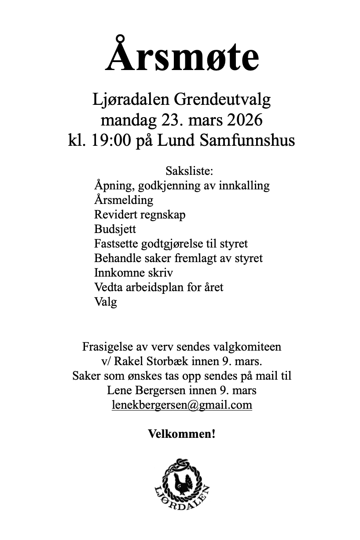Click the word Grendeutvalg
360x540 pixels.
click(223, 100)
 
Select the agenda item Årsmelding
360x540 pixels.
click(124, 200)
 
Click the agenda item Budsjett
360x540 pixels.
click(115, 229)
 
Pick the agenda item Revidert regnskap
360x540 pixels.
click(140, 215)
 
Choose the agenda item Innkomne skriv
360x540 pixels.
click(133, 273)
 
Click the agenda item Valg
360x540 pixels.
click(105, 302)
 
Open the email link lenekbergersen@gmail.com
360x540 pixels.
click(182, 405)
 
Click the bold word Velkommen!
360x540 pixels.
click(182, 434)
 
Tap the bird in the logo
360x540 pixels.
click(180, 481)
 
